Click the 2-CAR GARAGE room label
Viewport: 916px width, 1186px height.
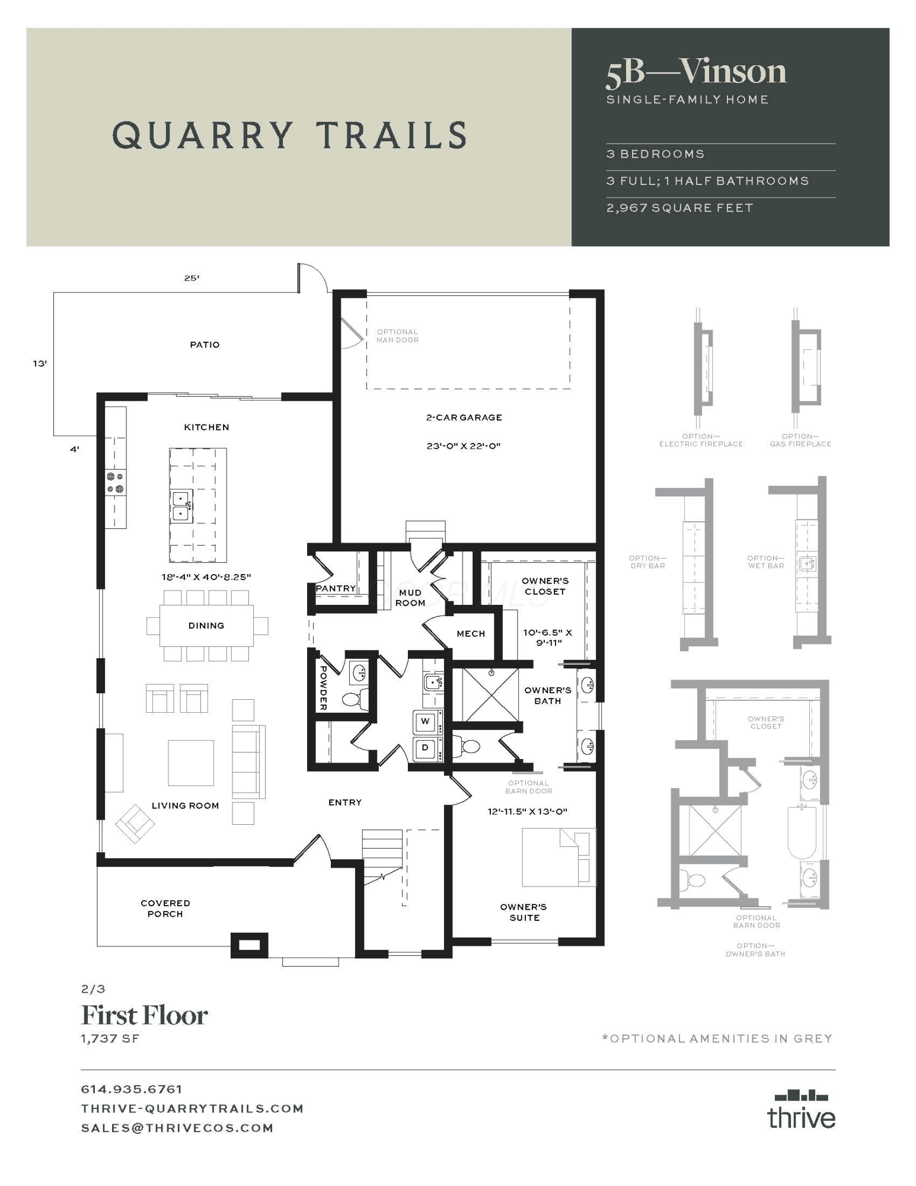[x=464, y=417]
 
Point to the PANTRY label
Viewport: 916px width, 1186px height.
[x=336, y=588]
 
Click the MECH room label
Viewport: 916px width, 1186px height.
[x=471, y=633]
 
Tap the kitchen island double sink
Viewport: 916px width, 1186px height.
[x=181, y=506]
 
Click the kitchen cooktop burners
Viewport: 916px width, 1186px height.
[x=116, y=483]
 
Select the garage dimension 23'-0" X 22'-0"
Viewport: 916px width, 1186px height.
[x=464, y=446]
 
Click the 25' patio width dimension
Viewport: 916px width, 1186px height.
[x=192, y=278]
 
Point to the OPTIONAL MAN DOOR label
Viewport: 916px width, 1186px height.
[x=397, y=336]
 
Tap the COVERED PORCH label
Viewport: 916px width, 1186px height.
[x=165, y=908]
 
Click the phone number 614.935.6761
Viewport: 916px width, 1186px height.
[x=132, y=1089]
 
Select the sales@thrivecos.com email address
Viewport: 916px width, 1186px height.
[x=177, y=1128]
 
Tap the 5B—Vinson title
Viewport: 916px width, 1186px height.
[x=696, y=72]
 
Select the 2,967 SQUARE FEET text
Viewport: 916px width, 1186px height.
[x=679, y=208]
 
